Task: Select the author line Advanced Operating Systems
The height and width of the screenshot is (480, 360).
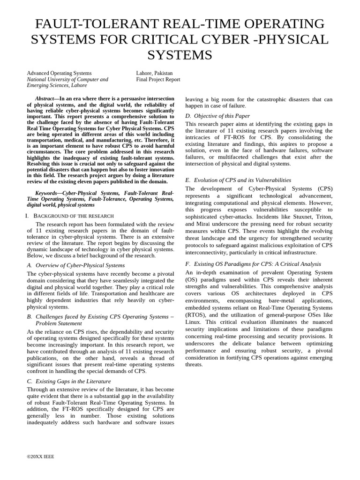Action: [x=59, y=73]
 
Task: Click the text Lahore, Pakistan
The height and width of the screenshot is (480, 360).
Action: [x=154, y=73]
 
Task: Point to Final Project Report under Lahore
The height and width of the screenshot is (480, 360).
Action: [x=158, y=80]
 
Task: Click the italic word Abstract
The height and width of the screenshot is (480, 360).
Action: [x=45, y=99]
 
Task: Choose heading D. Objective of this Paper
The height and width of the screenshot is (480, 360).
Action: [x=217, y=116]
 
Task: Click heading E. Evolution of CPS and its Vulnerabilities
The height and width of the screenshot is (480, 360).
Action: [x=238, y=180]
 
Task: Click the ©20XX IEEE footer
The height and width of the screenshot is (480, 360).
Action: [x=40, y=456]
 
